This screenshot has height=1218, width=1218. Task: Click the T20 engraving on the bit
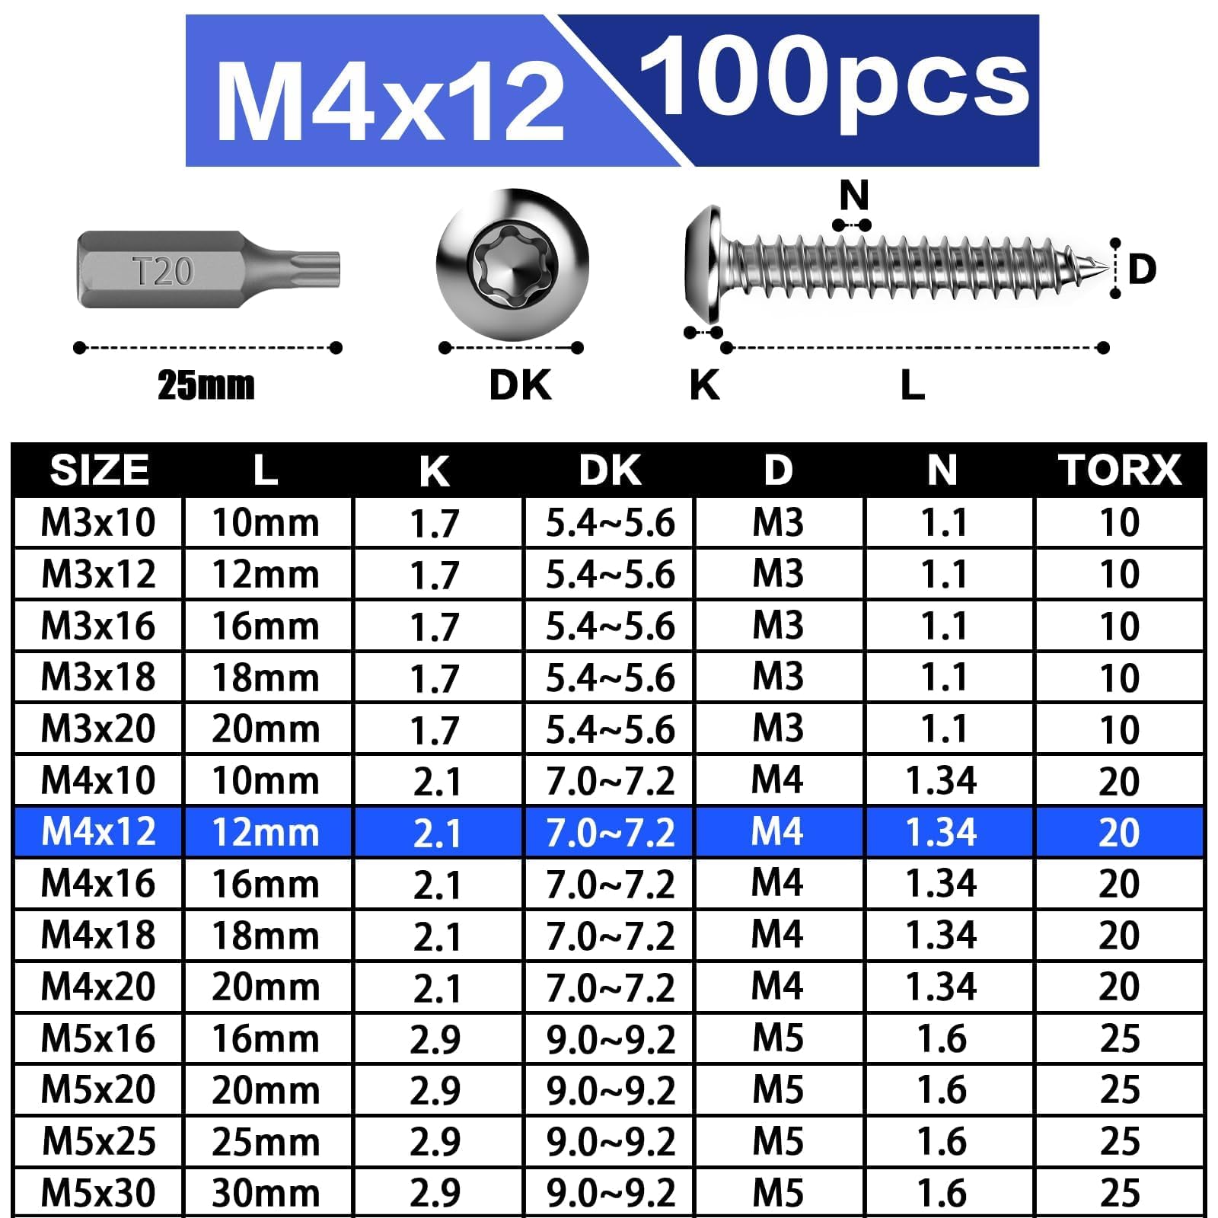163,271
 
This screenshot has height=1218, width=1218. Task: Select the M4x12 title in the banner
390,101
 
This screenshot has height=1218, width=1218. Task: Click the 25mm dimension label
206,385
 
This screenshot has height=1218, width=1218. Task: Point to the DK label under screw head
520,385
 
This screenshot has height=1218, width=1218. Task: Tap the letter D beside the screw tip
1142,269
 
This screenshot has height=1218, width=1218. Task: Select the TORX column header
1119,470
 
